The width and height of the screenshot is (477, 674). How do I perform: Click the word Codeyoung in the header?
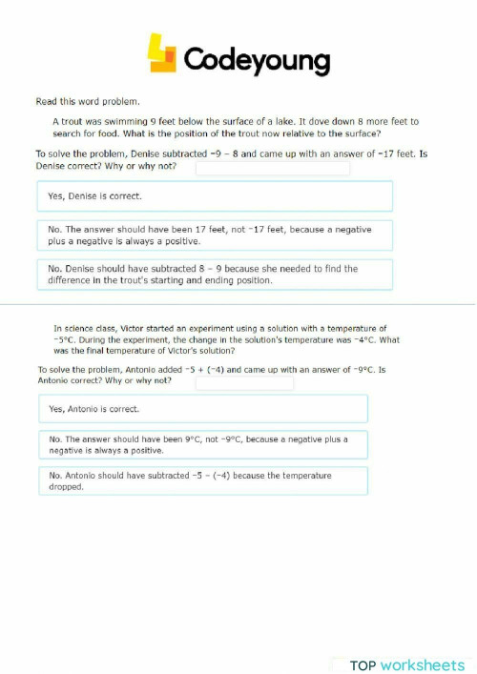click(256, 60)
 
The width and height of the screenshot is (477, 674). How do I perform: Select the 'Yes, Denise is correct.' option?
click(214, 196)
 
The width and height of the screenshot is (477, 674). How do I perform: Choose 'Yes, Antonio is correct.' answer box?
click(202, 409)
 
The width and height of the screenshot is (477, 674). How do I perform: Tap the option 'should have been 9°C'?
click(202, 444)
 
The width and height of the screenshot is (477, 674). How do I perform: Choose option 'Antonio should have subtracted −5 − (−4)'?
click(202, 480)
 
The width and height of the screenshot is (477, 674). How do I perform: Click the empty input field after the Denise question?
click(273, 168)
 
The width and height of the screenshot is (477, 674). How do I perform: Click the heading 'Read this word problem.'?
click(88, 101)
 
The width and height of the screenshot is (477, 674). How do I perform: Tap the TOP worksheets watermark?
click(406, 664)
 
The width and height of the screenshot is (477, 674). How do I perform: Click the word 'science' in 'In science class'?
click(82, 328)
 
